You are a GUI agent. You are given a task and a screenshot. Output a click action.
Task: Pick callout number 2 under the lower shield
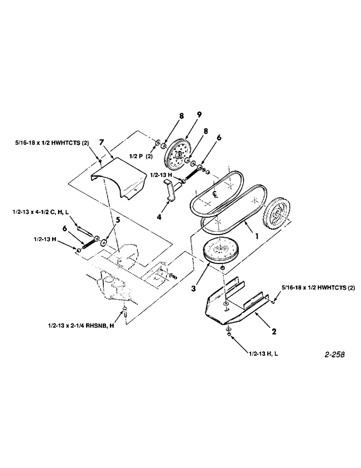(275, 333)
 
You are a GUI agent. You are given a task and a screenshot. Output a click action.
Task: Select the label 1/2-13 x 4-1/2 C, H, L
(48, 212)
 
